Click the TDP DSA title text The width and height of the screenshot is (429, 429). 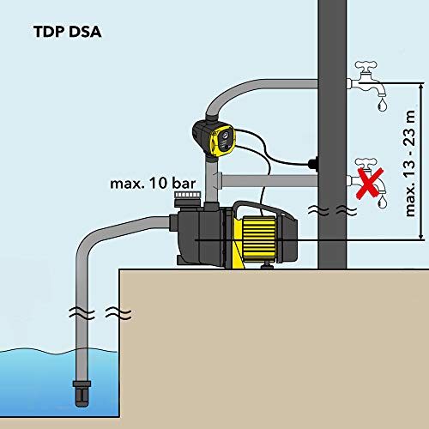coord(68,32)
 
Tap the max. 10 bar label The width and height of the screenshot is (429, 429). coord(153,184)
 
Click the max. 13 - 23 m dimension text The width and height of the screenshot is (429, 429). coord(410,163)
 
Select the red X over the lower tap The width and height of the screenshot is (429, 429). coord(369,183)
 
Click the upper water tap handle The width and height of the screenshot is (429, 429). coord(366,66)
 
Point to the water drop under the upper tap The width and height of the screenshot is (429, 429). coord(382,105)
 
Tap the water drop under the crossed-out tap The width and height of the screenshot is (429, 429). coord(383,202)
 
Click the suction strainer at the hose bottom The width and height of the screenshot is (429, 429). coord(82,393)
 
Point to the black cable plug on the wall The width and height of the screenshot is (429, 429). coord(313,164)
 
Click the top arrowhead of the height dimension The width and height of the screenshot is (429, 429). coord(420,86)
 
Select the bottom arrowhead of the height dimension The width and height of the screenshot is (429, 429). coord(420,236)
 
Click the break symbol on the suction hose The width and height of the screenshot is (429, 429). coord(100,313)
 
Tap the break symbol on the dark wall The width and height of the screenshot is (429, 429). coord(333,211)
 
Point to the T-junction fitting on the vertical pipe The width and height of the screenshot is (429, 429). coord(214,181)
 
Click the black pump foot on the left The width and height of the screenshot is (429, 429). coord(180,260)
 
